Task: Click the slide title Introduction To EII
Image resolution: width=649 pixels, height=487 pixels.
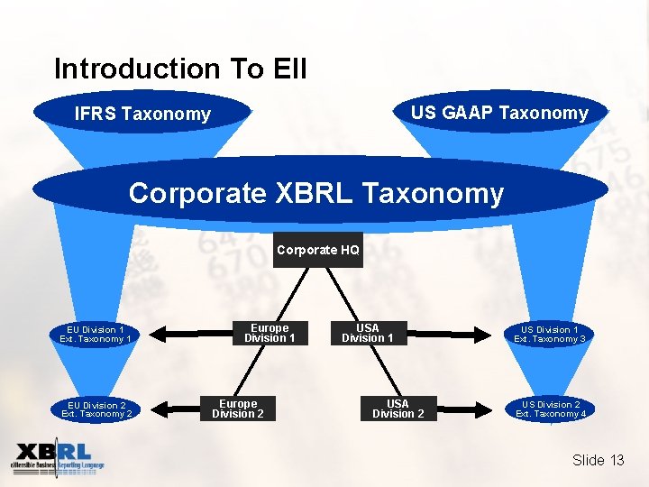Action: (180, 69)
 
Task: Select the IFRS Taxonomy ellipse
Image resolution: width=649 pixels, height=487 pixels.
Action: (142, 114)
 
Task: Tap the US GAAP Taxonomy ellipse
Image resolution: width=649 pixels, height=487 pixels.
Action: (499, 113)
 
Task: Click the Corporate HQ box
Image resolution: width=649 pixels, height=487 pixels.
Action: (319, 250)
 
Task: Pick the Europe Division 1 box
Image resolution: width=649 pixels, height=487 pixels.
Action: (270, 334)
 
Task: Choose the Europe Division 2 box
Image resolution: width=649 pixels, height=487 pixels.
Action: (238, 409)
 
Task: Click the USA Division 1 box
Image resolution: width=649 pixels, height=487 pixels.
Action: (368, 334)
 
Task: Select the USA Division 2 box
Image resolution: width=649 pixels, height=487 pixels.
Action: (398, 409)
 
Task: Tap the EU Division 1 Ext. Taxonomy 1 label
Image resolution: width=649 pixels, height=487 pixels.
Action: (96, 335)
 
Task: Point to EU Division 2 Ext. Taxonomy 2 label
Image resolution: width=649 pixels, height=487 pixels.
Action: (96, 409)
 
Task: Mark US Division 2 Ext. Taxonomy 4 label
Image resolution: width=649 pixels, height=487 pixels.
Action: (551, 409)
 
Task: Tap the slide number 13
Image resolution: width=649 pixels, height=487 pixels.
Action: (617, 461)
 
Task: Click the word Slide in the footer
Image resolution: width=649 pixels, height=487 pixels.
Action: (589, 461)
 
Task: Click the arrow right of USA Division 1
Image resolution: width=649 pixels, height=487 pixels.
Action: (451, 335)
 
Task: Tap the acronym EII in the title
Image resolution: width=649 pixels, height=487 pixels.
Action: (289, 69)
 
